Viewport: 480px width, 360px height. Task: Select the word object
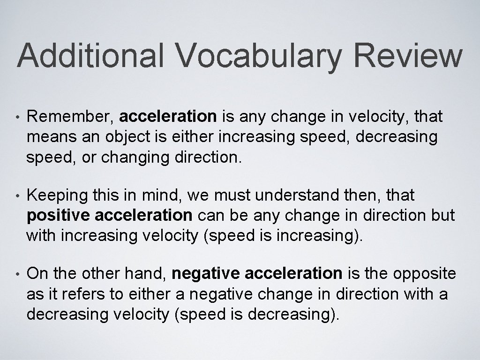tap(121, 138)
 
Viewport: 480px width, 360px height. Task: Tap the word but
tap(443, 216)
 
